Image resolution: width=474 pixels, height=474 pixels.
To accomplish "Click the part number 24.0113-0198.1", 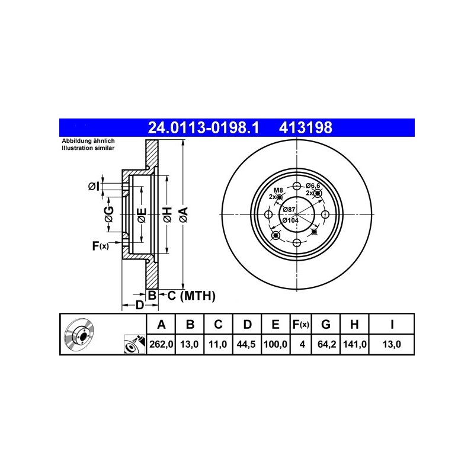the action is tap(203, 127).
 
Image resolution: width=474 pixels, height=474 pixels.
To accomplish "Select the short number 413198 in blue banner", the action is tap(305, 127).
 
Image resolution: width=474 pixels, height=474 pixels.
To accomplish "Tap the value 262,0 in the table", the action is tap(161, 344).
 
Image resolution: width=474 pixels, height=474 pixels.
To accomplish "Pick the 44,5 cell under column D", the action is tap(246, 344).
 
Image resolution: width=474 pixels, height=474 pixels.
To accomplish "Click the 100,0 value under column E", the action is tap(276, 344).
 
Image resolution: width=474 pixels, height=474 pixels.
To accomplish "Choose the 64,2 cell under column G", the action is tap(326, 344).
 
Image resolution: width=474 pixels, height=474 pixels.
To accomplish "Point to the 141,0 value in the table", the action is tap(355, 344).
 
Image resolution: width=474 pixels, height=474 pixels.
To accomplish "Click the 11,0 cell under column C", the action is tap(217, 344).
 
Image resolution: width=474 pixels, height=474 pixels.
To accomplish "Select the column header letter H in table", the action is tap(354, 324).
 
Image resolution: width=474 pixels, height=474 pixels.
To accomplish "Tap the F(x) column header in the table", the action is tap(301, 324).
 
